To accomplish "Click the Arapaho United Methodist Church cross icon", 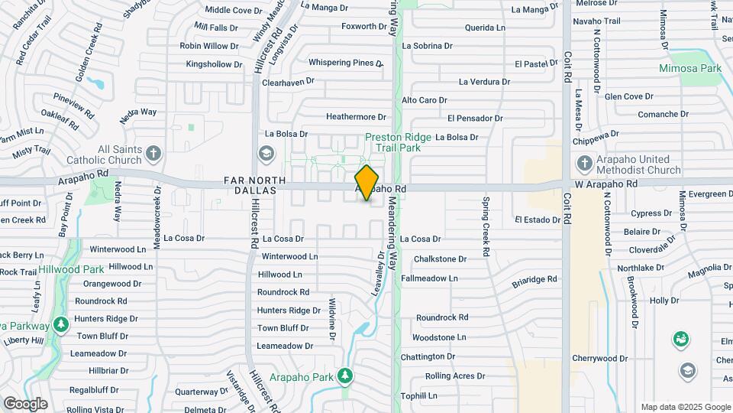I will pos(584,163).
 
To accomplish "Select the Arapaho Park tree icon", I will pos(346,376).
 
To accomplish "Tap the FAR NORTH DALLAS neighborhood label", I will pos(256,186).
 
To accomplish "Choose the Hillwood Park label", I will pos(93,269).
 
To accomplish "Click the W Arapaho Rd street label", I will pos(606,184).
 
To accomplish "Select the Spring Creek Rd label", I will pos(486,226).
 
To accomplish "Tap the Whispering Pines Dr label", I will pos(345,62).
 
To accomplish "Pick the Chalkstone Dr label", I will pos(440,259).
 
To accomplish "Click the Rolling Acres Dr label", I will pos(454,376).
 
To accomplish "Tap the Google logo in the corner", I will pos(26,403).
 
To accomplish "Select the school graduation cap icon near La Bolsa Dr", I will pos(265,154).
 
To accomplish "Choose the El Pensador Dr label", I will pos(475,118).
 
